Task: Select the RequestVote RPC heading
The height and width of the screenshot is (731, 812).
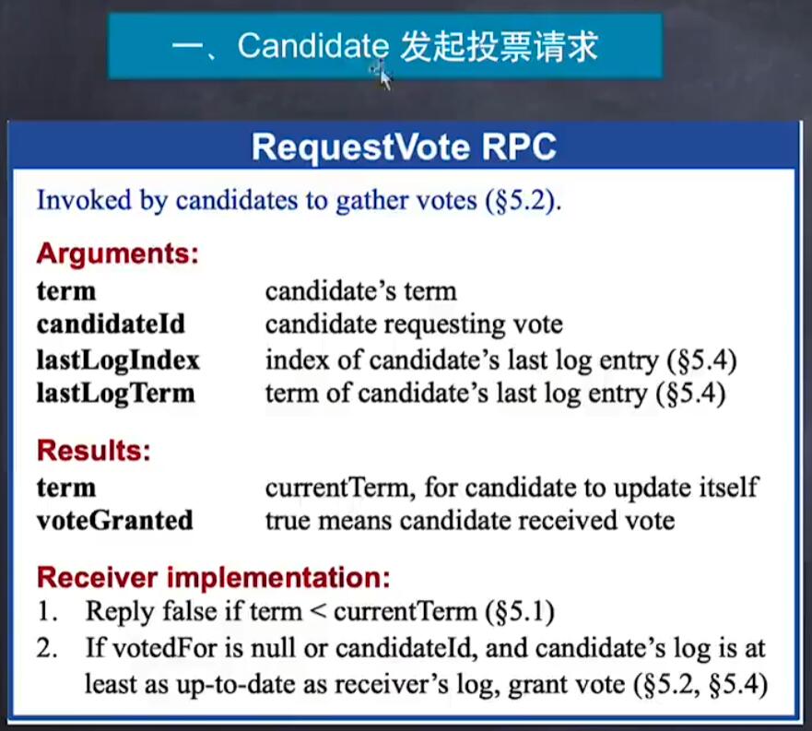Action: (x=404, y=147)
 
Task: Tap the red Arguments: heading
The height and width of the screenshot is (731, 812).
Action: (x=118, y=254)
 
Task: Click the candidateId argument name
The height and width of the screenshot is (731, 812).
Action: (x=111, y=324)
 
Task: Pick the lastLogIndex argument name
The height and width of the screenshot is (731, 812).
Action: (x=118, y=360)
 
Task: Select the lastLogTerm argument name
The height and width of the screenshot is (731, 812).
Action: (x=115, y=394)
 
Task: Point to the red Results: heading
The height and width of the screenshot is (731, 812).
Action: (x=94, y=450)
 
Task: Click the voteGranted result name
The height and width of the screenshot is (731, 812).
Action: (x=115, y=520)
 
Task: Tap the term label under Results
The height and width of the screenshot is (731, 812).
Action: (x=66, y=488)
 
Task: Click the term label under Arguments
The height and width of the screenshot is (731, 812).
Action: (x=66, y=291)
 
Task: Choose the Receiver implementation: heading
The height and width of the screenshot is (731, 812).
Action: (x=213, y=577)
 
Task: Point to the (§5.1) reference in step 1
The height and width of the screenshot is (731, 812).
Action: (x=520, y=612)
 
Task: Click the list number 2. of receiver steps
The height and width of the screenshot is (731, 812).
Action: (x=47, y=649)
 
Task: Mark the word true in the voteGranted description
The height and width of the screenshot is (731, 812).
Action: (x=288, y=521)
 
